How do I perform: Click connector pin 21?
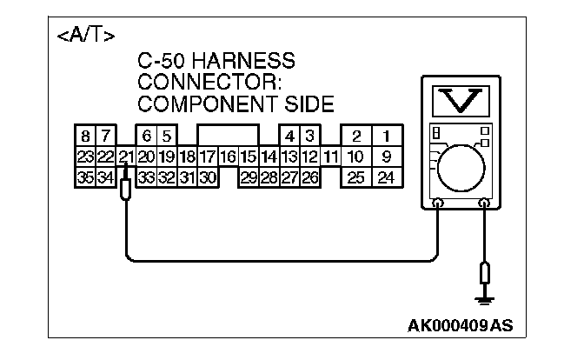coord(126,157)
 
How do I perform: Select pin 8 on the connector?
coord(85,136)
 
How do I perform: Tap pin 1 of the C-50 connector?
coord(387,136)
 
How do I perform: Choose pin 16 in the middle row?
coord(228,157)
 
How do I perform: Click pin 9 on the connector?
coord(387,157)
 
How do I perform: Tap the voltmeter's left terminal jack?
coord(438,204)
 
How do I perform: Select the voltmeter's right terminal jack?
coord(485,204)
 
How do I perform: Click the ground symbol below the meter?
coord(485,301)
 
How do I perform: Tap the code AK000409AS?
coord(460,326)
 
